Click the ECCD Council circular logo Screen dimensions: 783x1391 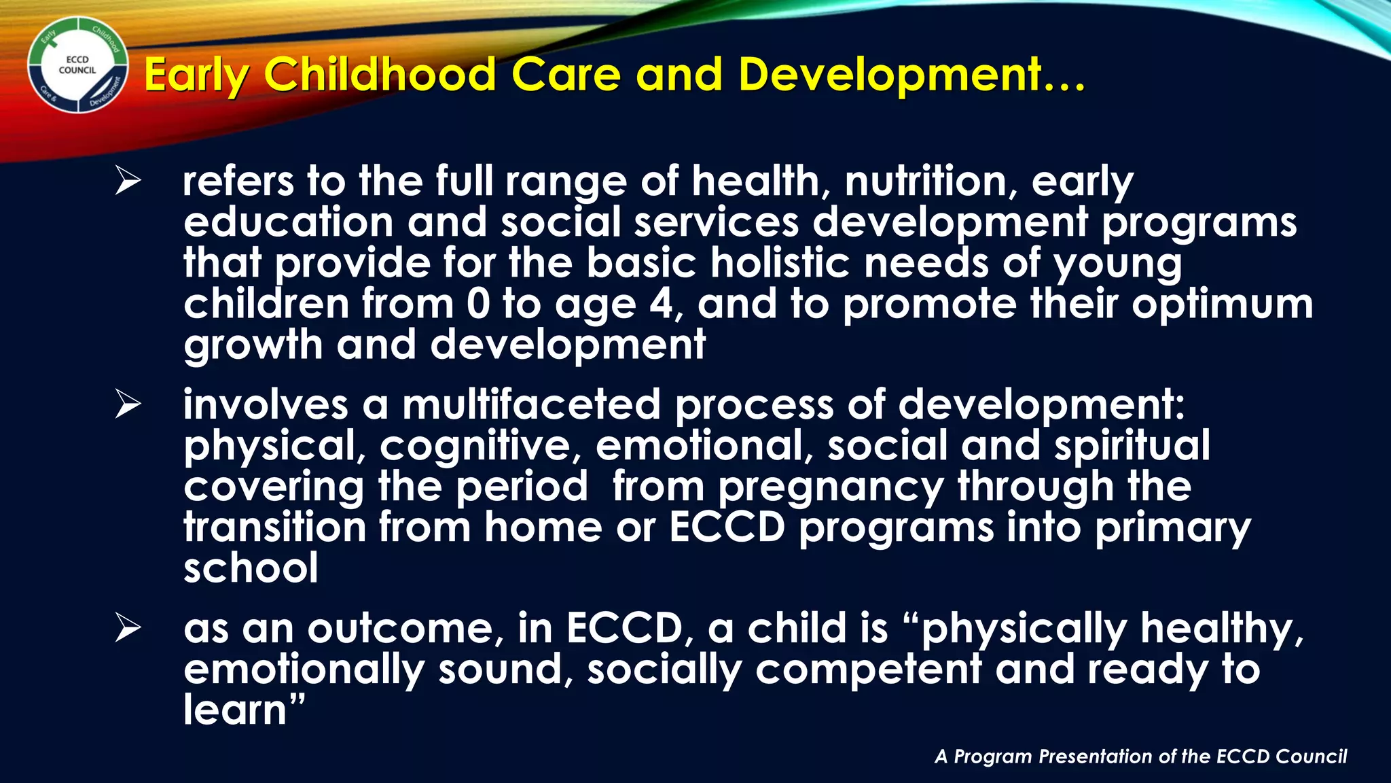(77, 65)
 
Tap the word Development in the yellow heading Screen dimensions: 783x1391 (890, 74)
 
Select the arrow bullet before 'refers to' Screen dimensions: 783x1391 (128, 181)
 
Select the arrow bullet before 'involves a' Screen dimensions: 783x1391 (128, 405)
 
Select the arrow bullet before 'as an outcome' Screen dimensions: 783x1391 (128, 628)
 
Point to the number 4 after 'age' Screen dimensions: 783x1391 (661, 304)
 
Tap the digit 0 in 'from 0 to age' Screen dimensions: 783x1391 (477, 304)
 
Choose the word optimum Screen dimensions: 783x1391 (1222, 304)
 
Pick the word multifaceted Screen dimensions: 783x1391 (531, 405)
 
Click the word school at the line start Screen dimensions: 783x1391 (251, 569)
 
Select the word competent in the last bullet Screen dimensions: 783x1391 (868, 669)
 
